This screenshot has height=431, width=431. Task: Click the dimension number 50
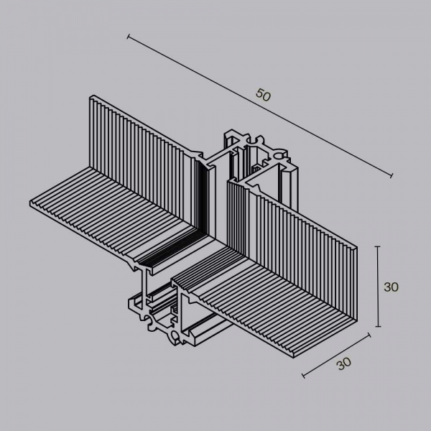coord(262,95)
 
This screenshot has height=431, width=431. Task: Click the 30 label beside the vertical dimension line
coord(391,287)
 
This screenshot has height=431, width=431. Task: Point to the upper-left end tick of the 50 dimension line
coord(128,35)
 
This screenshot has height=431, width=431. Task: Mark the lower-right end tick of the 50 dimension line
coord(392,175)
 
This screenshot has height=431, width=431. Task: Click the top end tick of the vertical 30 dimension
coord(377,247)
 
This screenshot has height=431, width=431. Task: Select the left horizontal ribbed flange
coord(101,208)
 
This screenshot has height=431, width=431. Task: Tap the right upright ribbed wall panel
coord(302,230)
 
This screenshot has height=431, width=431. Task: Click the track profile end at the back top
coord(259,154)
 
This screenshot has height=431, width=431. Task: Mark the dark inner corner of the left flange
coord(201,230)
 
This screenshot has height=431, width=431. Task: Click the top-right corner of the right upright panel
coord(357,244)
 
